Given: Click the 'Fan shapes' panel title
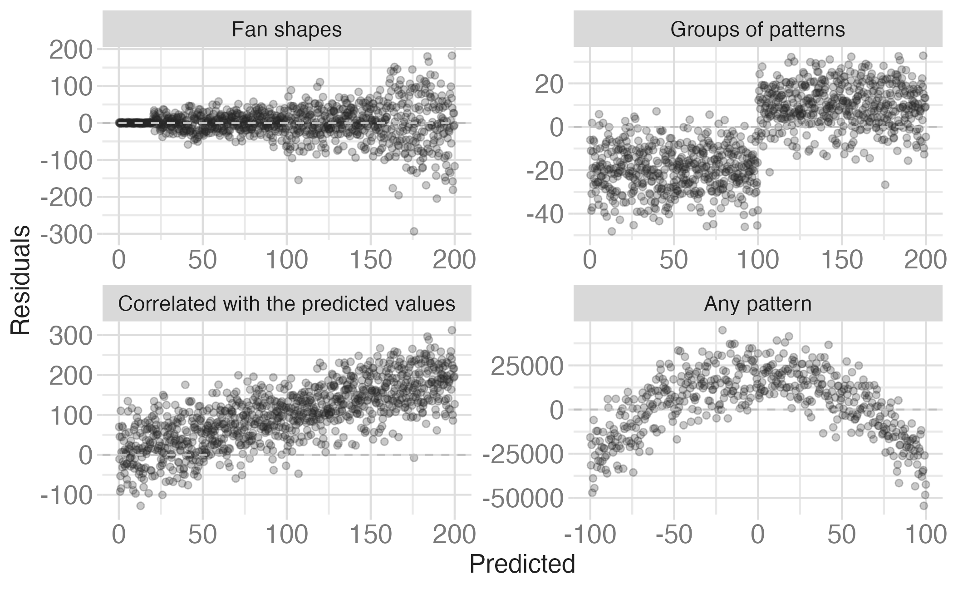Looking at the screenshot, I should (286, 30).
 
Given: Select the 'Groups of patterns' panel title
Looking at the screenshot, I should (757, 30).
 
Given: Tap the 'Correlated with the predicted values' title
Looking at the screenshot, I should (286, 304).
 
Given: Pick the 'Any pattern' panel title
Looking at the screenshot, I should (757, 304).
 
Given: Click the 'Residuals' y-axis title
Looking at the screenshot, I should (20, 280).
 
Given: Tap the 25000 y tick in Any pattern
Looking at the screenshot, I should (527, 366).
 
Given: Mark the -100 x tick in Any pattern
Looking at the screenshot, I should (590, 535).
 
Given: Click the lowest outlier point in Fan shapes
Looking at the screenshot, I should (414, 231).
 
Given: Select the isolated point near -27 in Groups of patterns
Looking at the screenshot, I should (884, 184).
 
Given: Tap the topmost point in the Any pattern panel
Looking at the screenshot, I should (722, 330).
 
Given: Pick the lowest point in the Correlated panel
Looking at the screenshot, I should (141, 505).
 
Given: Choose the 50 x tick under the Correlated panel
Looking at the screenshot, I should (202, 535).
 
